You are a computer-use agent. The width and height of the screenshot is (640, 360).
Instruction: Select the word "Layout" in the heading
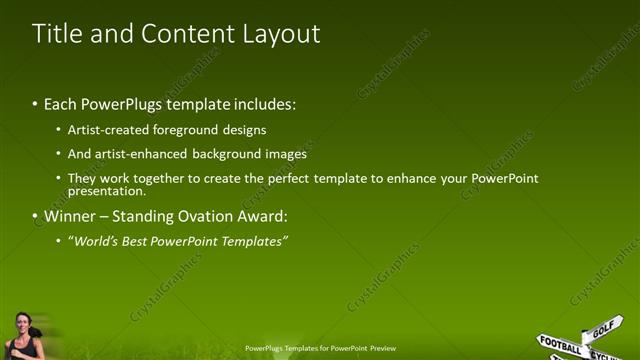(x=281, y=33)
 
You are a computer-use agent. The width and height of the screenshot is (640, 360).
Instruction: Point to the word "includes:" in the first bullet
(x=265, y=104)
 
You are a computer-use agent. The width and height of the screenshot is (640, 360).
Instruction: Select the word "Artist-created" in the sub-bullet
(x=106, y=130)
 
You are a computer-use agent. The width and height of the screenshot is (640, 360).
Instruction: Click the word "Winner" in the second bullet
(x=71, y=216)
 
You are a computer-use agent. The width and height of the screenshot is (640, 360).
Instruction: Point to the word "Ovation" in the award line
(x=208, y=216)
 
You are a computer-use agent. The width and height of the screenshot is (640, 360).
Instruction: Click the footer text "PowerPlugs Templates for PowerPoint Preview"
(x=320, y=348)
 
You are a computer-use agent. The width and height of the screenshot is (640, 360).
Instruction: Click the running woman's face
(x=22, y=322)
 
